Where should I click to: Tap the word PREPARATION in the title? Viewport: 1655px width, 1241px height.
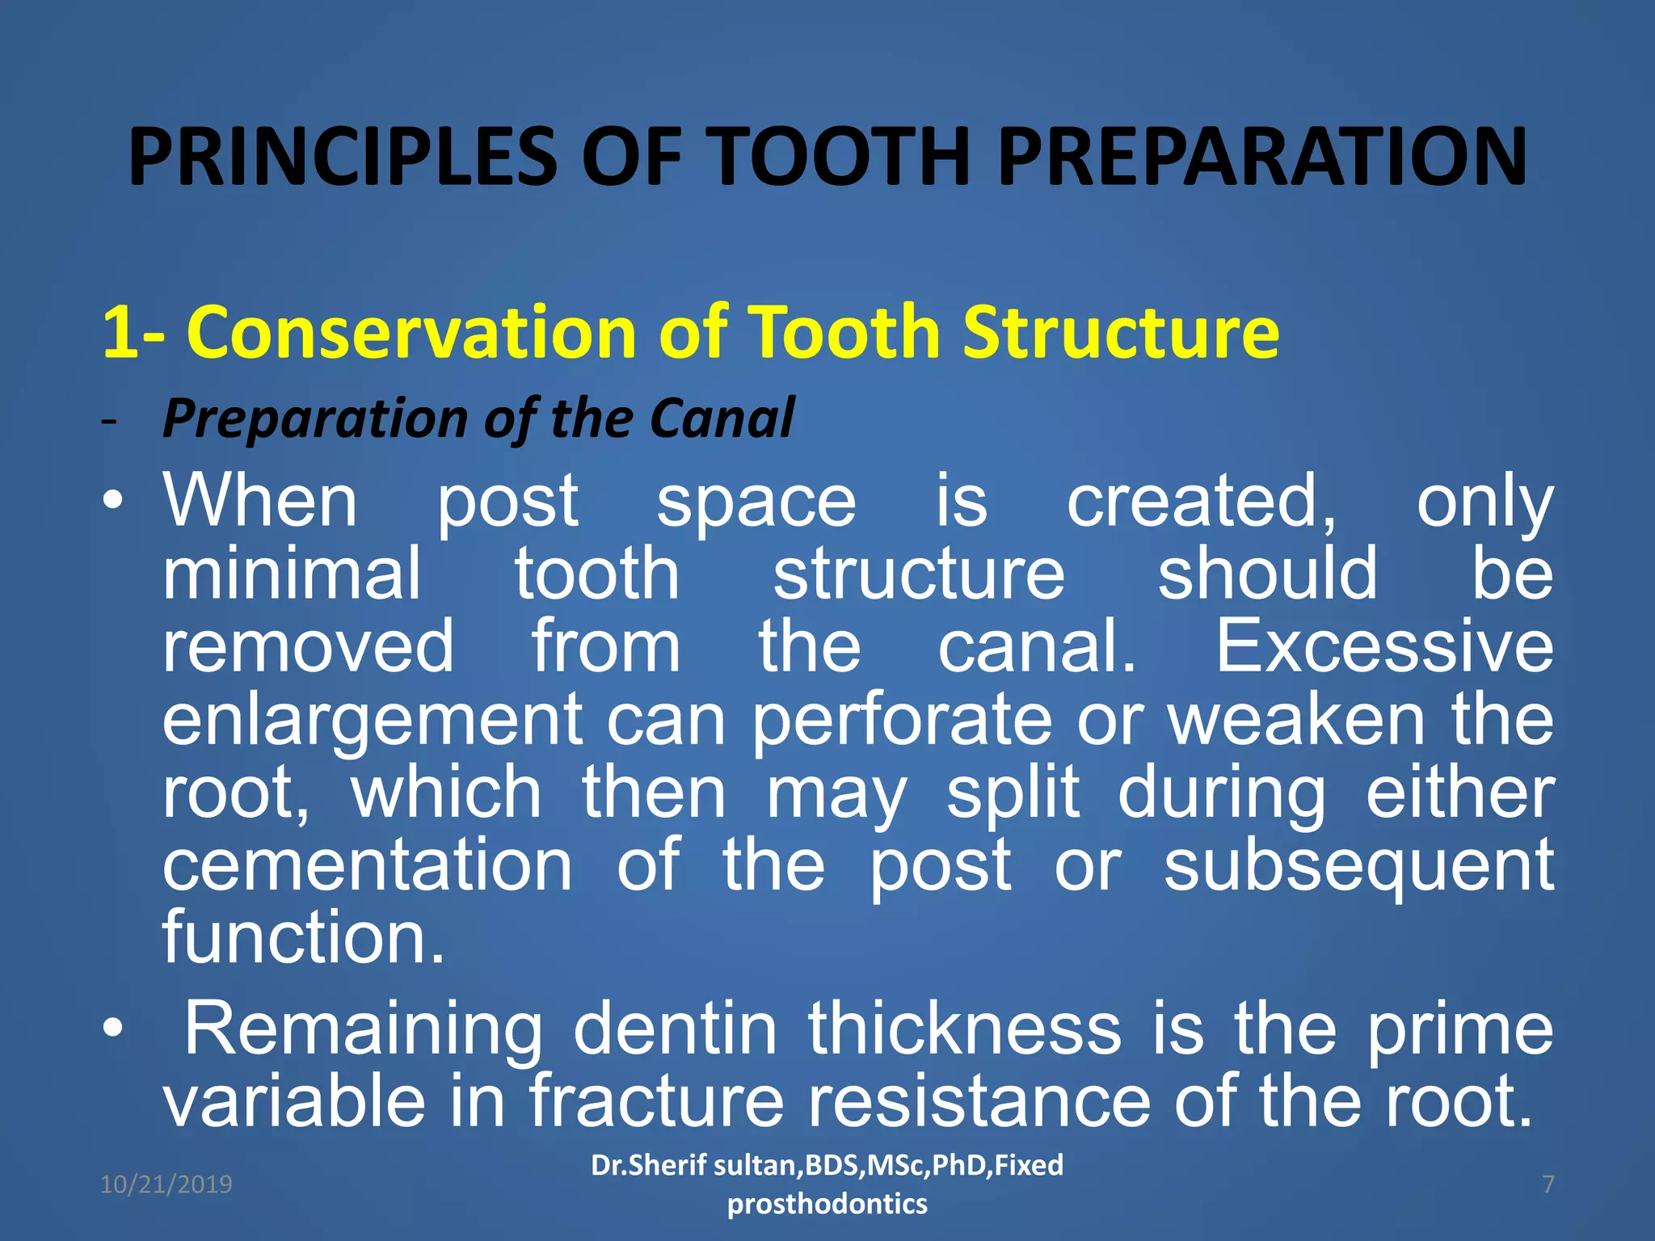[1262, 158]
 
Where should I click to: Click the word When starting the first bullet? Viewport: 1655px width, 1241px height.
[260, 501]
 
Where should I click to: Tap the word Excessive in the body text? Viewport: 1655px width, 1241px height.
[1384, 646]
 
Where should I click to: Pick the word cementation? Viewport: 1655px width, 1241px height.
[368, 865]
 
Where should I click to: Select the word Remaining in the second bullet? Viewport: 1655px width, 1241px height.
[364, 1030]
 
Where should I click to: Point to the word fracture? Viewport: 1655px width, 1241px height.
[656, 1101]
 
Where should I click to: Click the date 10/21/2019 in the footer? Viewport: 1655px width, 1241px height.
[166, 1184]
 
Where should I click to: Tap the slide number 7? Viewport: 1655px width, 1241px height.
[1548, 1184]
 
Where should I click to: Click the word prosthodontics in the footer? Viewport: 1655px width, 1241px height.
[827, 1205]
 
